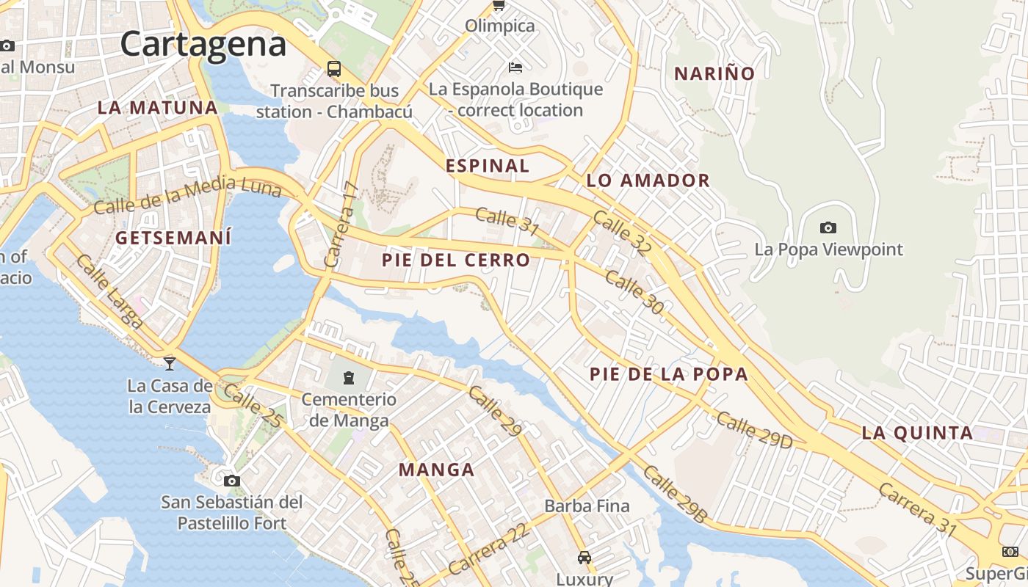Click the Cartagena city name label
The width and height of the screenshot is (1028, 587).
pos(203,44)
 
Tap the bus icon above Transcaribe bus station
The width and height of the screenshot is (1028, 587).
pos(334,69)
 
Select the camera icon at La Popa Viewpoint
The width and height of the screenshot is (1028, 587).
pos(828,227)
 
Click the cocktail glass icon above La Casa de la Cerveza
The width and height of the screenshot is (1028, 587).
pos(170,362)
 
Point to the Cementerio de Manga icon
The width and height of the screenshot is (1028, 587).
pos(348,378)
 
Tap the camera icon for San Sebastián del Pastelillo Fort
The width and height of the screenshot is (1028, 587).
pos(232,481)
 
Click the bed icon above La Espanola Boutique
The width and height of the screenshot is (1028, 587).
pos(515,68)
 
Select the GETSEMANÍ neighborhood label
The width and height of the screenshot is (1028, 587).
pos(173,238)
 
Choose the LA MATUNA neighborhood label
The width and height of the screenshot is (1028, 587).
pos(158,108)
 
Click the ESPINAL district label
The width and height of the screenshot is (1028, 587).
pos(488,166)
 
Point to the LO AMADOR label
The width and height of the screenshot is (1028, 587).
pos(648,181)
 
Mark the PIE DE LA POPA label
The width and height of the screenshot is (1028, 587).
pos(669,374)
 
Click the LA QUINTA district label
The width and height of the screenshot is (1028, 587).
pos(918,433)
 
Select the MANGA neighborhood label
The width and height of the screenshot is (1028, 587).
pos(436,470)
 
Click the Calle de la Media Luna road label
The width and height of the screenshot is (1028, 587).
pos(188,195)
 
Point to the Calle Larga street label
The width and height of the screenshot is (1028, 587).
pos(109,291)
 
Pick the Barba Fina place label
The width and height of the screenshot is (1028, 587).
pos(587,506)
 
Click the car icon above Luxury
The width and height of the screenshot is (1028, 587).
pos(584,558)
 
